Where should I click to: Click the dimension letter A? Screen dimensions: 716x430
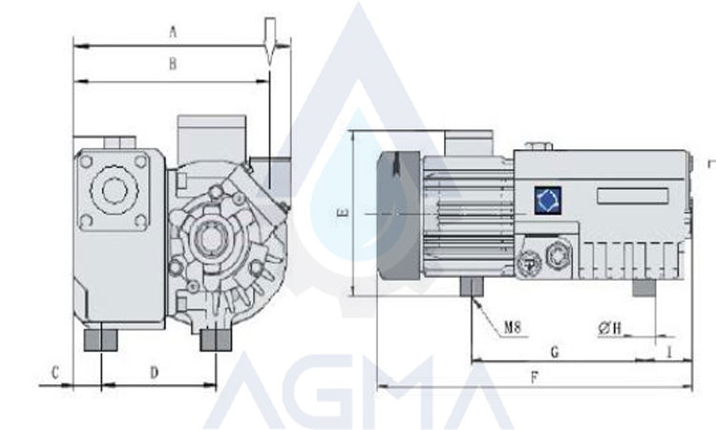tap(173, 32)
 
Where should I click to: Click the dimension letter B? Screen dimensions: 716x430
tap(173, 64)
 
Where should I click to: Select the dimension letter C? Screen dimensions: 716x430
tap(55, 373)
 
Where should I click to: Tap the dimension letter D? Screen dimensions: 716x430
tap(155, 373)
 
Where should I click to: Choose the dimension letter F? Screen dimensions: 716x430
tap(535, 377)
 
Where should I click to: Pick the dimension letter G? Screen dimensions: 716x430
tap(555, 352)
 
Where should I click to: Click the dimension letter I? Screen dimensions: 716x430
tap(669, 352)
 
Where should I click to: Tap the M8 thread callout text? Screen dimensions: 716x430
tap(513, 327)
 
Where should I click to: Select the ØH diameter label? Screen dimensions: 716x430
tap(610, 328)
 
